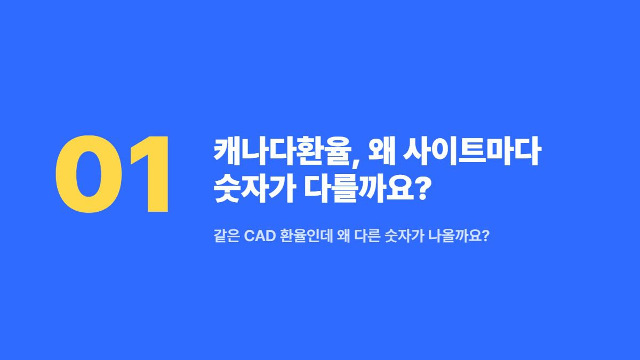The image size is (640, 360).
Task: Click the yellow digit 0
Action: point(89,174)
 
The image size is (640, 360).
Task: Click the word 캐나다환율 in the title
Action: point(283,151)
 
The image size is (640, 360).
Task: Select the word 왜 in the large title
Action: point(382,151)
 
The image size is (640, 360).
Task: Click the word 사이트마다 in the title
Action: point(472,151)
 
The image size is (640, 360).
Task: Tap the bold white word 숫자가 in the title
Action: point(254,188)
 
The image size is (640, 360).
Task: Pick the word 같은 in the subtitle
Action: point(226,236)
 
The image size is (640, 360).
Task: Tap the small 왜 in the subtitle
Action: point(343,236)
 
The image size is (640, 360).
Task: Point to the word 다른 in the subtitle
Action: point(367,236)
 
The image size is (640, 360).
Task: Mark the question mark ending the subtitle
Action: point(486,236)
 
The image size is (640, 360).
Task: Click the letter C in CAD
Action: point(250,236)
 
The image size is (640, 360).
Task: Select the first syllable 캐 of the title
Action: point(227,151)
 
